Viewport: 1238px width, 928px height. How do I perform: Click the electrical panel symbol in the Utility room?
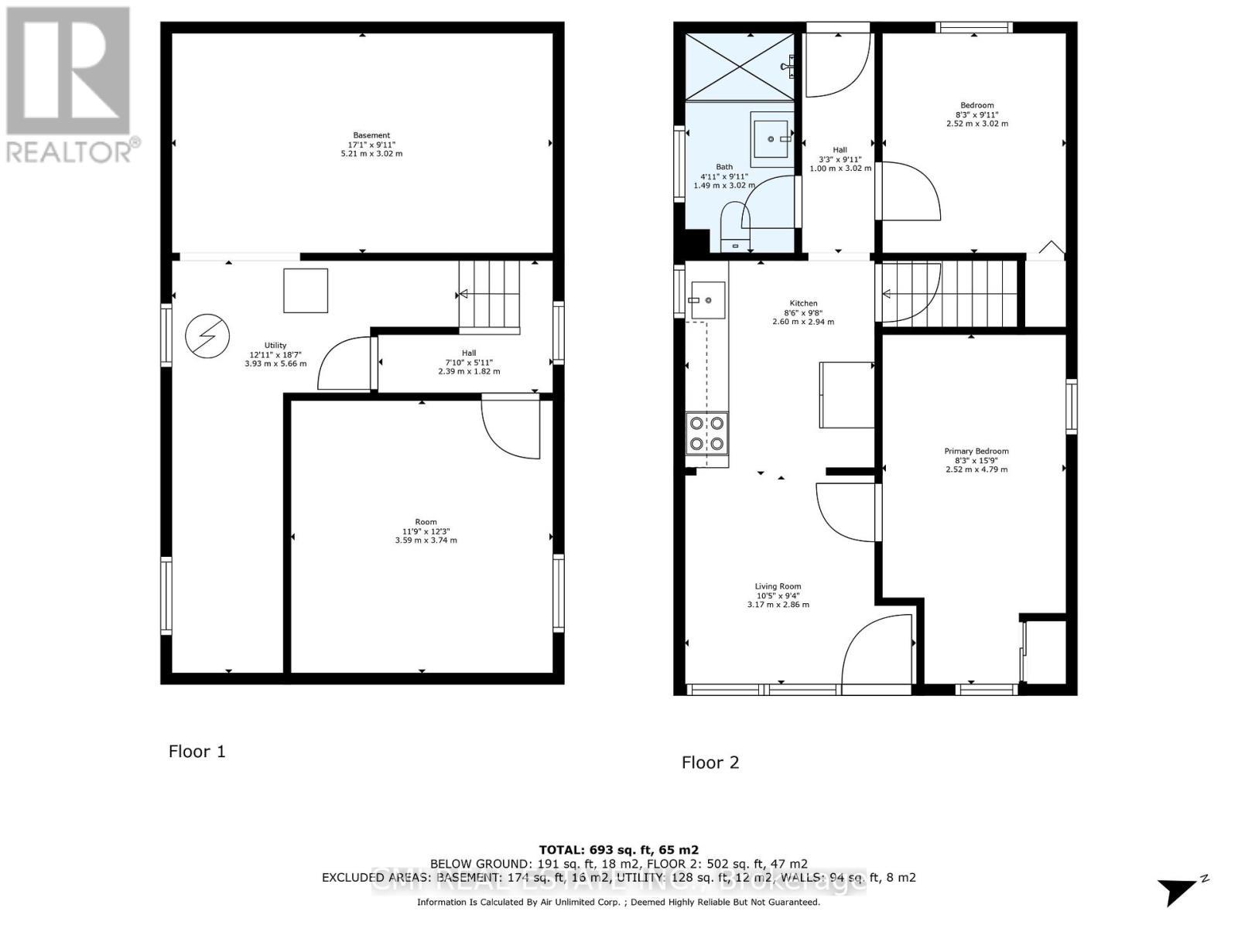[x=207, y=336]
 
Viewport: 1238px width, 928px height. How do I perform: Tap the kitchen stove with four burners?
[x=707, y=433]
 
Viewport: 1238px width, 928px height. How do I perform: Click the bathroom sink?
[x=771, y=138]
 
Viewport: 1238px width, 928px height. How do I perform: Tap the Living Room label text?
[x=778, y=586]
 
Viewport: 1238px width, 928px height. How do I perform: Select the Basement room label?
[x=371, y=135]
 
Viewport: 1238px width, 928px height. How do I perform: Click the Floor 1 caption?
[x=197, y=752]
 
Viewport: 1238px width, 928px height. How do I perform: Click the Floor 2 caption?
[x=710, y=763]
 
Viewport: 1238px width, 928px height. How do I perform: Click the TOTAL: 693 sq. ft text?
[x=618, y=850]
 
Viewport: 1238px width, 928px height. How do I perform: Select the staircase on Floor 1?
[x=489, y=296]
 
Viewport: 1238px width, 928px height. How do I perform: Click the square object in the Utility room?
[x=306, y=291]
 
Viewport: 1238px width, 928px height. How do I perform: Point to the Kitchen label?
[x=803, y=303]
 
